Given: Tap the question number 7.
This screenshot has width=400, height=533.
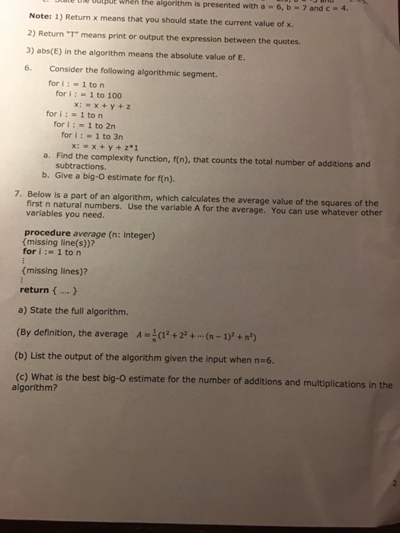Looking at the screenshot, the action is click(x=18, y=193).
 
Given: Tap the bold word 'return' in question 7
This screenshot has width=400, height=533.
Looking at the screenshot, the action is click(x=34, y=290).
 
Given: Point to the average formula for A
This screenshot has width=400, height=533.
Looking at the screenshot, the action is click(x=190, y=335).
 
